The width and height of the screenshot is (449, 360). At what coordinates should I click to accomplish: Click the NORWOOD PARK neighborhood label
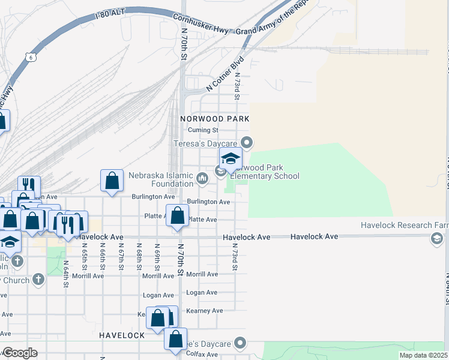pyautogui.click(x=214, y=119)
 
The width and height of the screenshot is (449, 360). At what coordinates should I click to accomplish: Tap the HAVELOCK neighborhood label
pyautogui.click(x=122, y=335)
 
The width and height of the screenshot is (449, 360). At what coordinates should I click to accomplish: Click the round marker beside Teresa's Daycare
pyautogui.click(x=246, y=143)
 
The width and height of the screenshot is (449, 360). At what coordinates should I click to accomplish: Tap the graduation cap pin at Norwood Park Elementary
pyautogui.click(x=230, y=160)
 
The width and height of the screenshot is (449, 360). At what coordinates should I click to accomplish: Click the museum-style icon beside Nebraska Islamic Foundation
pyautogui.click(x=202, y=178)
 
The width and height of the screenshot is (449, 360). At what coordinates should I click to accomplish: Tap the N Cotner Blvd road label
pyautogui.click(x=225, y=73)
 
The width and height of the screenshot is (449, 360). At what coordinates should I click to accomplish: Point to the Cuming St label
pyautogui.click(x=202, y=130)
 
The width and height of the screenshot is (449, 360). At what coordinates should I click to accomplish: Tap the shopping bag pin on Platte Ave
pyautogui.click(x=177, y=217)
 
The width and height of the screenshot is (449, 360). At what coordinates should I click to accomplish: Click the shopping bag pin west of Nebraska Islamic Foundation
pyautogui.click(x=112, y=181)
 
